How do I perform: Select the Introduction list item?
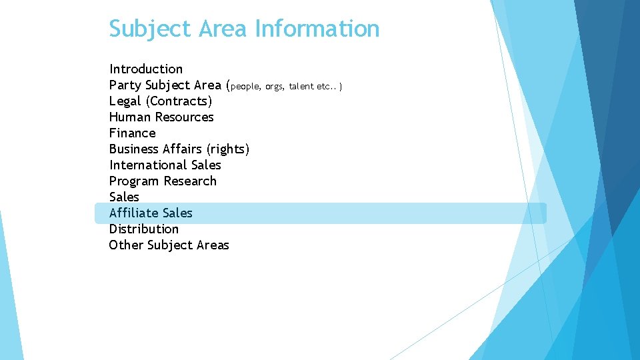[x=146, y=69]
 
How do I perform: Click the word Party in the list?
[x=125, y=85]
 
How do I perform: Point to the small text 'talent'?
[x=301, y=86]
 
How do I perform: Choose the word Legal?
[x=125, y=101]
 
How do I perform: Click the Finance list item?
[x=132, y=133]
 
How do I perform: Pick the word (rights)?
[x=227, y=149]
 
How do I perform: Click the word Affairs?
[x=180, y=149]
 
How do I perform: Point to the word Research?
[x=190, y=181]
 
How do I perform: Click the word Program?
[x=135, y=181]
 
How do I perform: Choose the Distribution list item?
[x=144, y=229]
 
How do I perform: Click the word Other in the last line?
[x=125, y=245]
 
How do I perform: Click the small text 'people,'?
[x=246, y=86]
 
